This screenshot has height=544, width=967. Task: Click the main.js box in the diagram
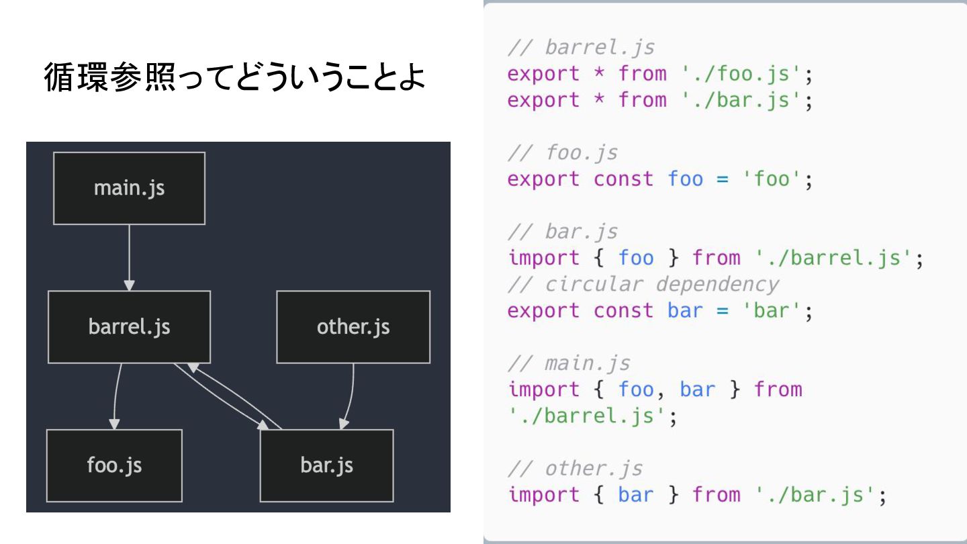[129, 188]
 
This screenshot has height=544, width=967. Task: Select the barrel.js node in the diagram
[129, 327]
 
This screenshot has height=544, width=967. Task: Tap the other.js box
[353, 327]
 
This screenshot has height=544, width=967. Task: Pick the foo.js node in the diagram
[114, 465]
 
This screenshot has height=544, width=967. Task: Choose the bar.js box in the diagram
[326, 465]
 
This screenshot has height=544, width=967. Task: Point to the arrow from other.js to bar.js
[351, 396]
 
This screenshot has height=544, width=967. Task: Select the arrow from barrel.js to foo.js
[116, 396]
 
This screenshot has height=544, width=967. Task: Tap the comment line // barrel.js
[581, 48]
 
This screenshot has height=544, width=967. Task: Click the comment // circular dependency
[643, 284]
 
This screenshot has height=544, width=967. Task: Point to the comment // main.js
[569, 363]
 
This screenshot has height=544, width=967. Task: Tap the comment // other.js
[575, 468]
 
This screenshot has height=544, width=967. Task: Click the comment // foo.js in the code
[562, 153]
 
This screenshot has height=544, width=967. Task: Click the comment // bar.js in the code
[562, 232]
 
